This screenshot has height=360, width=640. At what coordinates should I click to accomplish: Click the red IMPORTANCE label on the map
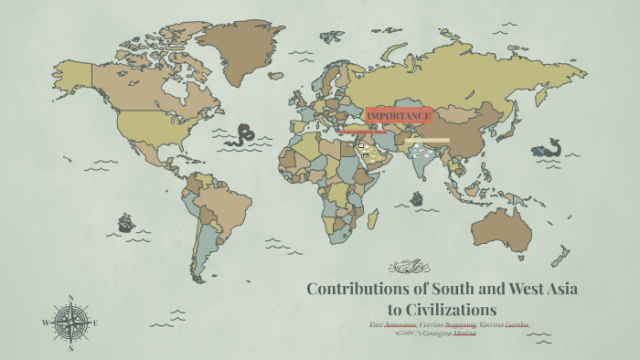pos(398,116)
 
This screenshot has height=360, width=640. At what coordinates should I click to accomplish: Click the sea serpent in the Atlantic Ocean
pos(243,135)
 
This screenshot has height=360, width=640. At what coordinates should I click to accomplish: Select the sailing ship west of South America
pos(126,222)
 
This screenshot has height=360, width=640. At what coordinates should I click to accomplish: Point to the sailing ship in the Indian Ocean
pos(417,198)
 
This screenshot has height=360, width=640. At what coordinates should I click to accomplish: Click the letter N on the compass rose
pos(70,298)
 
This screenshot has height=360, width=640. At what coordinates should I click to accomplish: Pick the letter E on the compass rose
pos(96,323)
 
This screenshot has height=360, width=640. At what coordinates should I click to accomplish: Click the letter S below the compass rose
pos(70,348)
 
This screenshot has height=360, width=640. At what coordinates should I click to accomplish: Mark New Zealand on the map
pos(560,259)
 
